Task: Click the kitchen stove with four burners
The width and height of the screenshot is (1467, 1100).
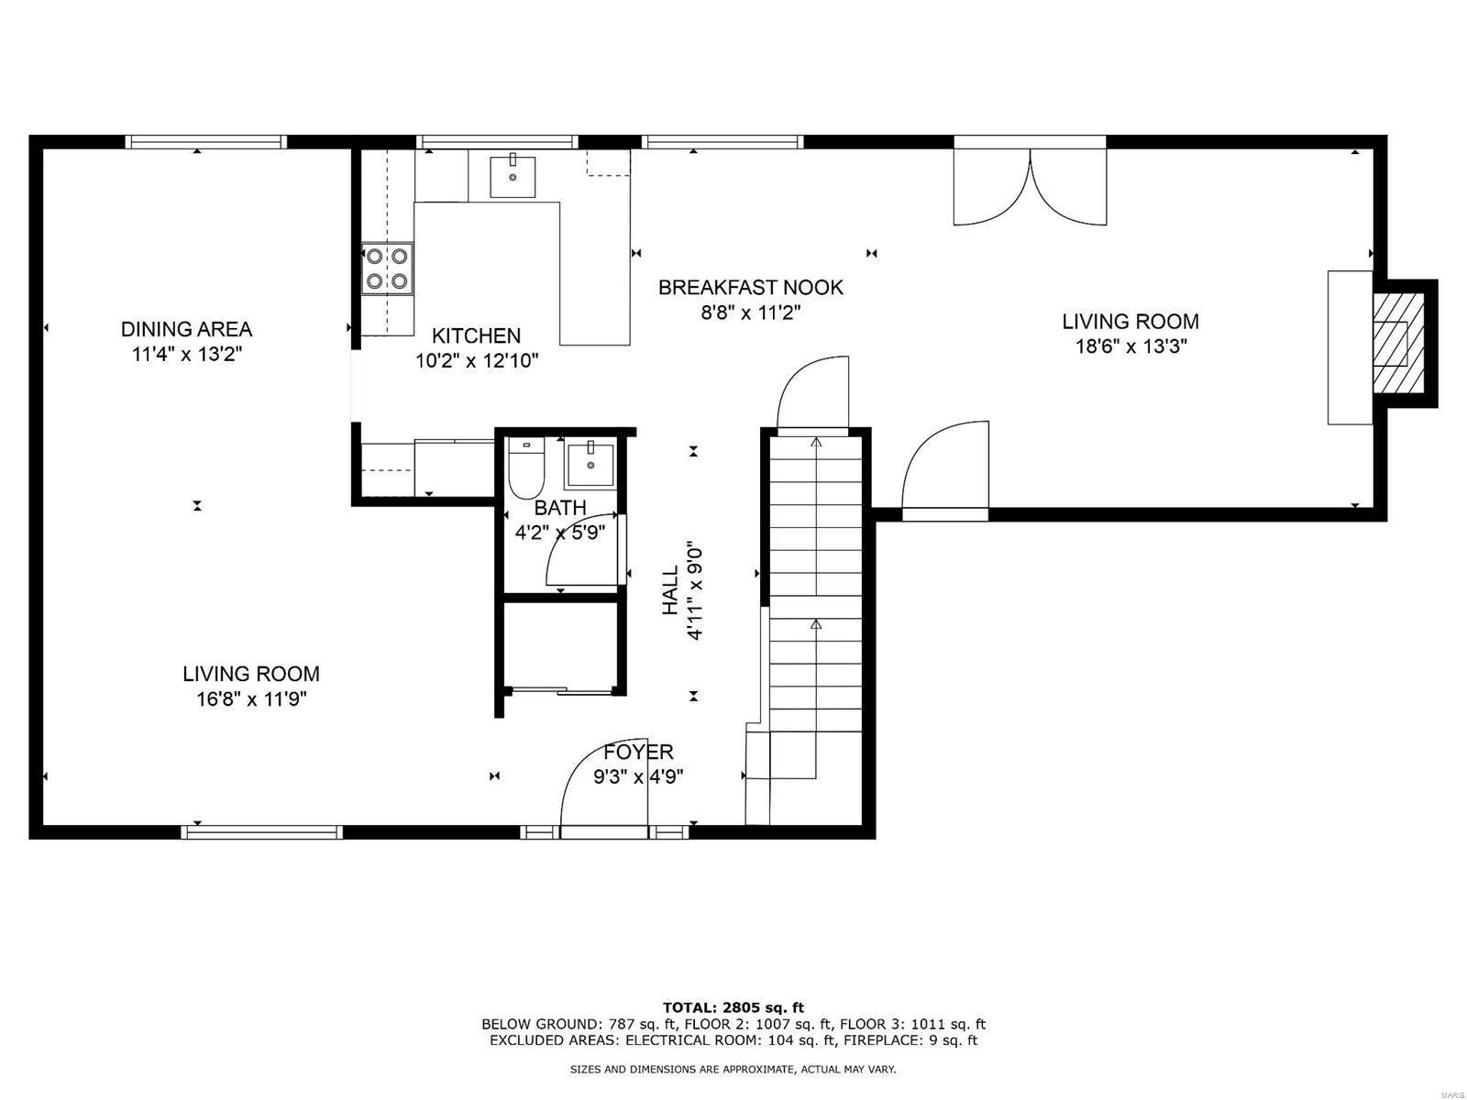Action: [386, 269]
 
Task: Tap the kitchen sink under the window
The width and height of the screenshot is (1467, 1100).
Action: [513, 176]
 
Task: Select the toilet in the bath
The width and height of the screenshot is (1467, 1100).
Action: [526, 469]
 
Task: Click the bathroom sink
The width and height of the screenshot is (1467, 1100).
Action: [591, 464]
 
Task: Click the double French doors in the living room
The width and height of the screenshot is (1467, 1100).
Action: [1030, 186]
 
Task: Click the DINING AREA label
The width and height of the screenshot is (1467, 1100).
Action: [186, 329]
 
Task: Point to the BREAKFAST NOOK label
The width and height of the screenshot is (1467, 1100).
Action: [750, 287]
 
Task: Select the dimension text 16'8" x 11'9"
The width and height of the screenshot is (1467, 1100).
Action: [250, 699]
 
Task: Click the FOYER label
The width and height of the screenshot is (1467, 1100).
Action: [638, 753]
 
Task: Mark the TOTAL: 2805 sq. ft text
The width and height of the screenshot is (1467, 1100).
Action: [733, 1007]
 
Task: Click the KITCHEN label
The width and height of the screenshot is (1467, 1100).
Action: [476, 335]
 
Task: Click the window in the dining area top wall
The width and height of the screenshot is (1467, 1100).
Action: [206, 141]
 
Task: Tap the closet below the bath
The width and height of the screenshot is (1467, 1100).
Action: [559, 646]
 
